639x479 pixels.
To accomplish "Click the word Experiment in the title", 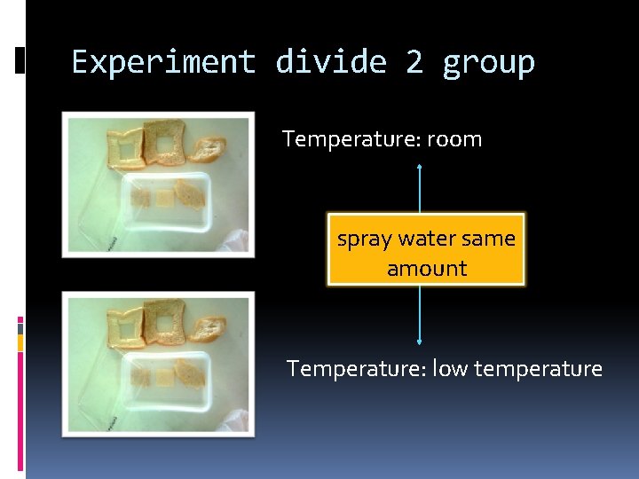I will coord(163,62).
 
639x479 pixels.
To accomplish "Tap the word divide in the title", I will coord(331,62).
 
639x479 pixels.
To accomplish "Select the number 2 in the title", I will coord(414,62).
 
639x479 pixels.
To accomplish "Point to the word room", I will coord(454,139).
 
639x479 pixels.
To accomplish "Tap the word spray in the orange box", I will coord(365,239).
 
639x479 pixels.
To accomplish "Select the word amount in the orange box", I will coord(427,268).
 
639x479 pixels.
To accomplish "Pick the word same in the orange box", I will coord(493,239).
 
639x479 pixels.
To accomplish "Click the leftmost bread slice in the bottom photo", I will coord(123,326).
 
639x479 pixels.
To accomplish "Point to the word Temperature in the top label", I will coord(350,139).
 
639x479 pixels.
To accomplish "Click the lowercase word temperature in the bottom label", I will coord(538,368).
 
